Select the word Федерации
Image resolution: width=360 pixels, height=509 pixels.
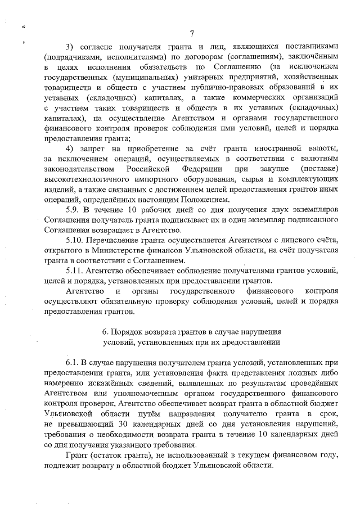(x=202, y=169)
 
